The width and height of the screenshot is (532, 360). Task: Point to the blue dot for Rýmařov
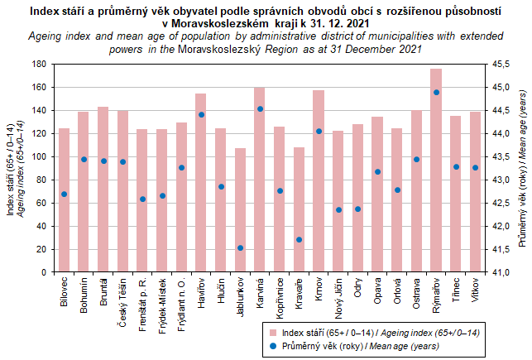pos(436,93)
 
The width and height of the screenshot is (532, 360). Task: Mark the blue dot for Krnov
pos(319,131)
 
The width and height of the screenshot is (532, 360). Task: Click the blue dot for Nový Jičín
pos(338,209)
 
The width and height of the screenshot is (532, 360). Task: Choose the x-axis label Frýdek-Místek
pos(162,307)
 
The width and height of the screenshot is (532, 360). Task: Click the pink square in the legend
pos(274,331)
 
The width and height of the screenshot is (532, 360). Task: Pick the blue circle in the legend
pos(274,345)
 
